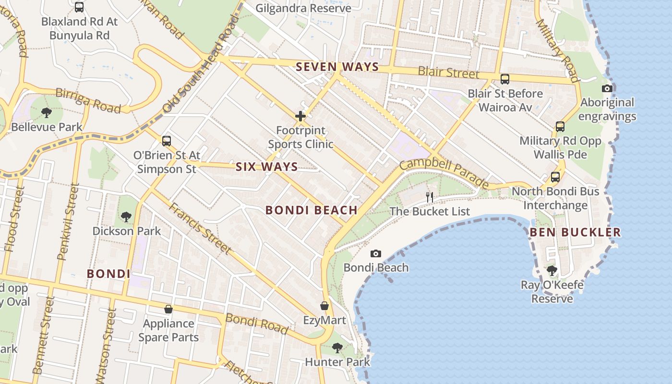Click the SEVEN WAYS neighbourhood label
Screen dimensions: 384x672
337,67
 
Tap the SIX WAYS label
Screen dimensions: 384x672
266,167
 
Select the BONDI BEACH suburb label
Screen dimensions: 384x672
311,210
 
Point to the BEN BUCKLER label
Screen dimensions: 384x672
575,232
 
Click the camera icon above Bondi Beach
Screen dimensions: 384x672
376,253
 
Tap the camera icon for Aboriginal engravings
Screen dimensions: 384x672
607,88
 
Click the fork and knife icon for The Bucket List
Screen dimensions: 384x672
430,197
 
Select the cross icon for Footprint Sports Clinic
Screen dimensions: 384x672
300,116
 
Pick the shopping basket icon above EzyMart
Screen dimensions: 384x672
324,306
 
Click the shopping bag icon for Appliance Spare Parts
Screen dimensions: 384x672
168,309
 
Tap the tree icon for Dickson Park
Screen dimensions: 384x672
126,217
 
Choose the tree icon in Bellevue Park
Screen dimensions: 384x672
47,113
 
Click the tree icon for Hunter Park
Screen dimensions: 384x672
337,348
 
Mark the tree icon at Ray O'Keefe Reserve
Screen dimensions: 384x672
552,271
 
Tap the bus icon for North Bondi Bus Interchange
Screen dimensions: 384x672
555,177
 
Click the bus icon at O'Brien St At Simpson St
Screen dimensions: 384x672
167,141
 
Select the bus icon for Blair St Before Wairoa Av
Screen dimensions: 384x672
505,79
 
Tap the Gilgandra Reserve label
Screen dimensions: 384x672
303,8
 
